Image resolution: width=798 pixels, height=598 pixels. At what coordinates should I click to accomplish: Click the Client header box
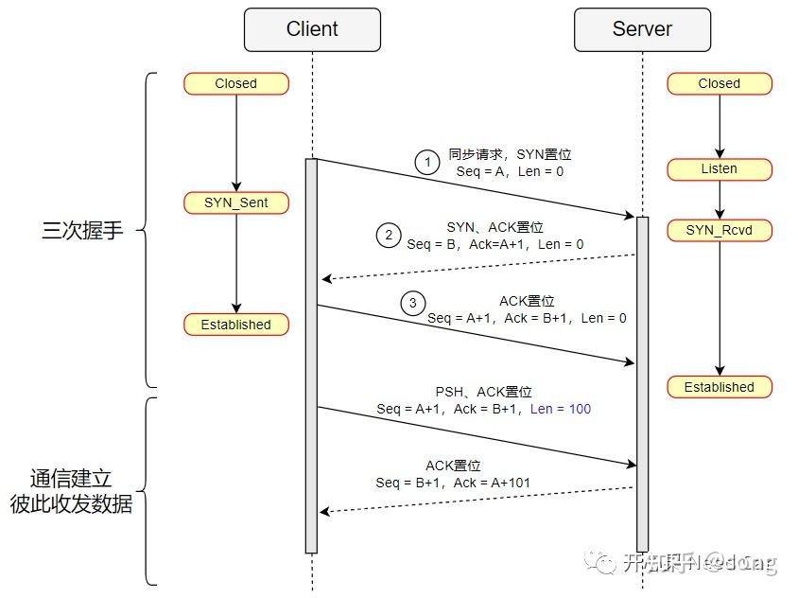(x=312, y=29)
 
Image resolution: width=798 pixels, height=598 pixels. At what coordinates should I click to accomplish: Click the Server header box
(x=642, y=29)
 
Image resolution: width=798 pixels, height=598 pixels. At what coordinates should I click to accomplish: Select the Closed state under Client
(x=235, y=83)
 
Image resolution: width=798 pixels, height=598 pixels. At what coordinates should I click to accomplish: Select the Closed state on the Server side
(x=719, y=83)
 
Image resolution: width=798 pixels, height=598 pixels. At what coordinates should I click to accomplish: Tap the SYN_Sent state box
(x=235, y=202)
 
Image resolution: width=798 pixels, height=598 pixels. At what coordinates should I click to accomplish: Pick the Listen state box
(x=719, y=168)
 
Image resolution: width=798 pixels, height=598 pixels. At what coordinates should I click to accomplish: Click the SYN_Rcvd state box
(x=719, y=230)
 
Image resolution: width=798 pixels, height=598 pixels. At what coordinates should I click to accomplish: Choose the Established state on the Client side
(x=235, y=325)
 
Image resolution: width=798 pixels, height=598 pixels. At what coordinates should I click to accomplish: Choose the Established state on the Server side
(x=719, y=387)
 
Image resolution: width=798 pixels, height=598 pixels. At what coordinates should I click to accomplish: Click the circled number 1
(x=427, y=163)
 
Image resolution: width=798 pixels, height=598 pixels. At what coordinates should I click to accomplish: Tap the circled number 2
(x=388, y=236)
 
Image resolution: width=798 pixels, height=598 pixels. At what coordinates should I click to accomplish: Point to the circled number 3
(x=412, y=303)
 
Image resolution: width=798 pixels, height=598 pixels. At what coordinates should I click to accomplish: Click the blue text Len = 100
(x=561, y=409)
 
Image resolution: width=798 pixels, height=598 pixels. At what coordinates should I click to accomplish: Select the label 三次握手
(x=82, y=230)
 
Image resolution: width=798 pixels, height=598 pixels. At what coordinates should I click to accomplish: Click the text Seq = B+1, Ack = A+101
(x=453, y=483)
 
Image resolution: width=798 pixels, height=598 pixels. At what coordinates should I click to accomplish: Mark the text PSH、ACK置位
(x=483, y=392)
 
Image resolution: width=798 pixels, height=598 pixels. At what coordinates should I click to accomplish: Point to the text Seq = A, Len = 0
(x=510, y=171)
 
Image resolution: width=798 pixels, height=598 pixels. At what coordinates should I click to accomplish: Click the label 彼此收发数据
(x=71, y=504)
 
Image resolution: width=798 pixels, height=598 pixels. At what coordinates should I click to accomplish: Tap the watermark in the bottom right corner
(x=685, y=564)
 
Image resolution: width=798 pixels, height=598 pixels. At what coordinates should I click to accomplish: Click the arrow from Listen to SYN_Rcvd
(x=720, y=200)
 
